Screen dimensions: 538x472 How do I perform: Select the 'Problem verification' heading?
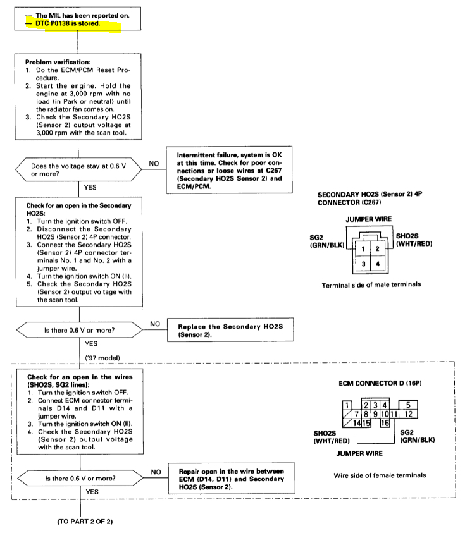58,63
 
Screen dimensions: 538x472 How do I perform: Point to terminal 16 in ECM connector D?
384,423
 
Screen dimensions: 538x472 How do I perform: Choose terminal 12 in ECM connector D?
408,414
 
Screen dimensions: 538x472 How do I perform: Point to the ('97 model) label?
106,358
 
